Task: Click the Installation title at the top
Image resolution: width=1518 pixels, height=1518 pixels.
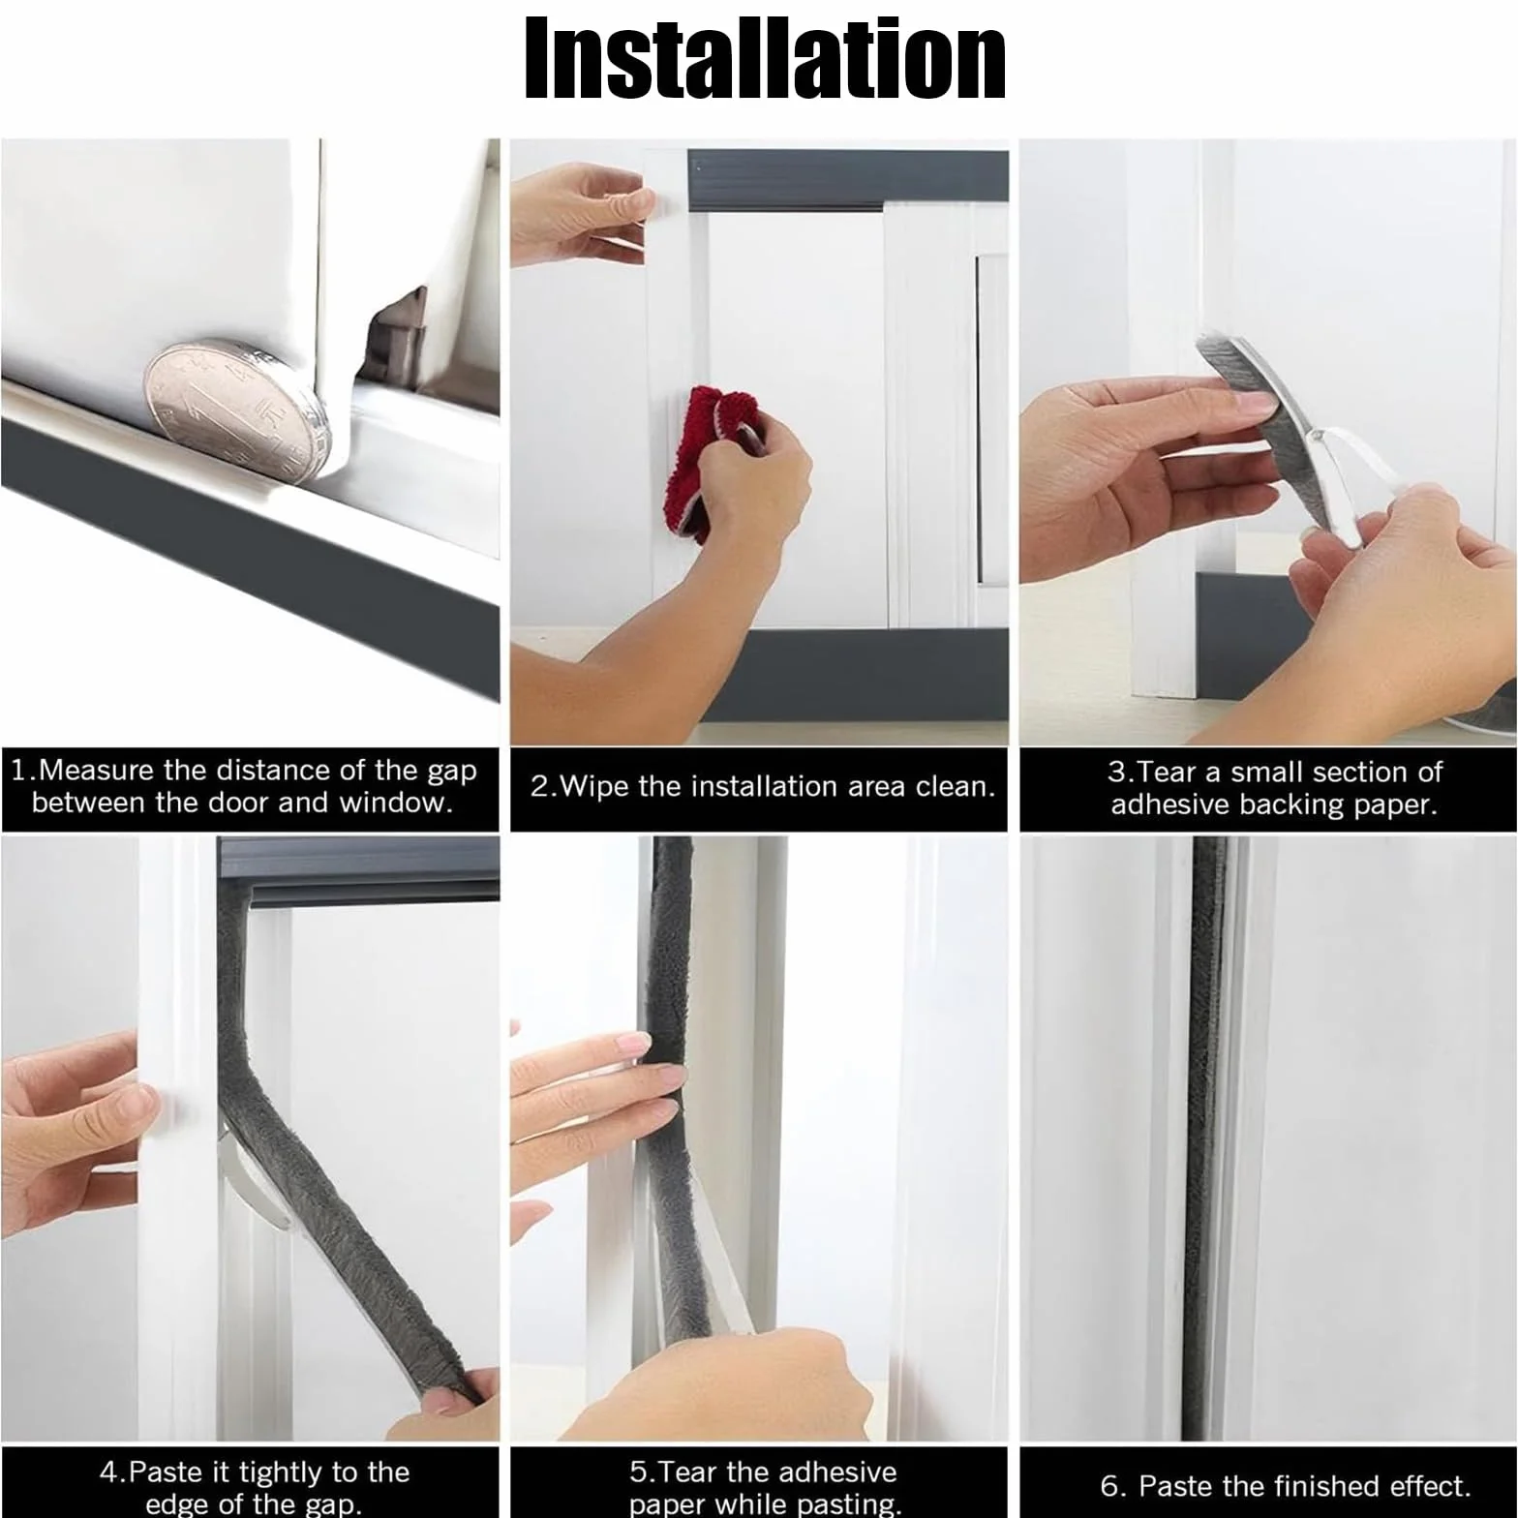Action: pos(765,59)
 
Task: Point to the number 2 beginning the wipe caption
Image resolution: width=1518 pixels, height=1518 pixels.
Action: pos(538,786)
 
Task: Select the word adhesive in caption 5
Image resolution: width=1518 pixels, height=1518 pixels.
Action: pos(829,1472)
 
